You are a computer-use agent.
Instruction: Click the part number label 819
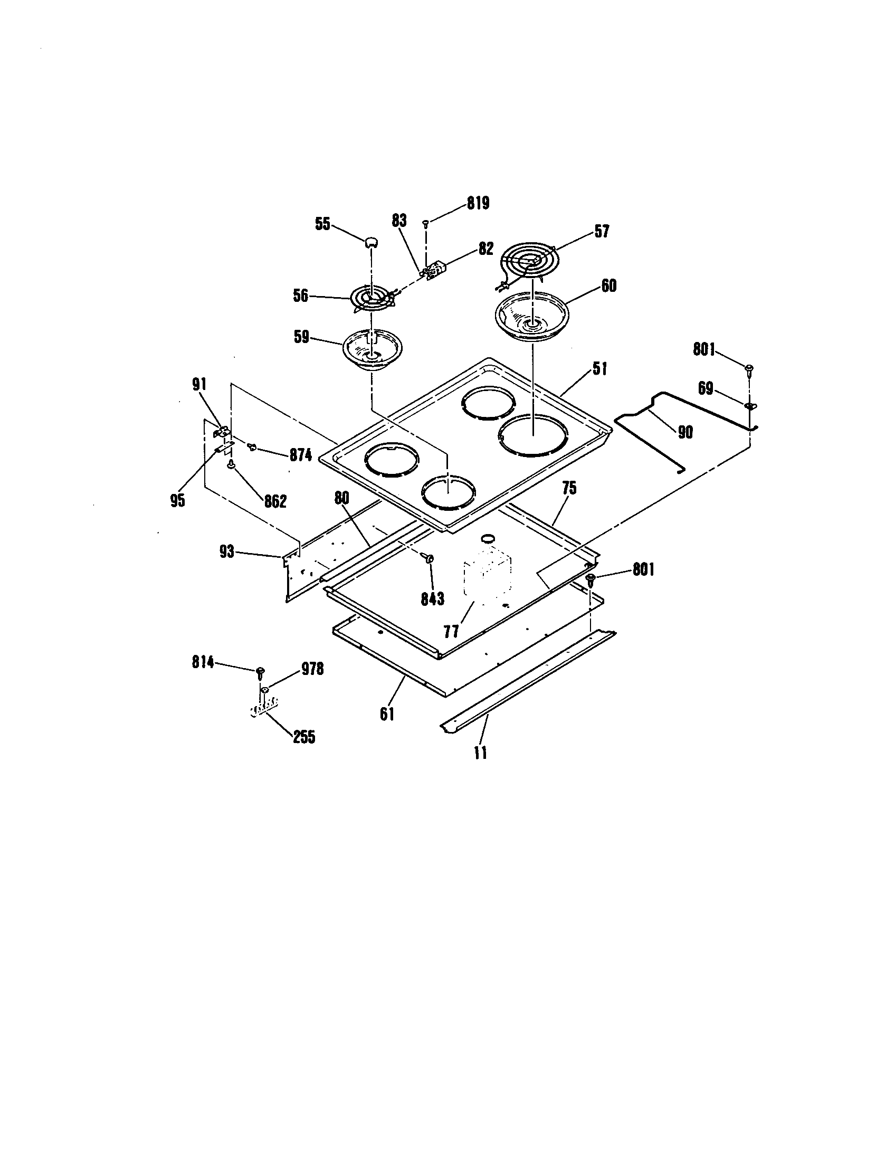(478, 203)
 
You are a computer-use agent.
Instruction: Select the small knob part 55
(371, 242)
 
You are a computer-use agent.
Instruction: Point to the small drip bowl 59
(372, 349)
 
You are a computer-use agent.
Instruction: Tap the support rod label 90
(685, 432)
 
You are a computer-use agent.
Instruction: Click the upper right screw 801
(750, 369)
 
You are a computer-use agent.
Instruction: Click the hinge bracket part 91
(223, 431)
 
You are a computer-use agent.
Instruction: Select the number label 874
(300, 455)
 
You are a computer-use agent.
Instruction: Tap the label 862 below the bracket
(275, 501)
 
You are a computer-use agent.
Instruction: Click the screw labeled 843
(429, 559)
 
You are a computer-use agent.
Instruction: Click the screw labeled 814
(260, 672)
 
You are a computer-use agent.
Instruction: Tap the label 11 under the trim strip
(480, 753)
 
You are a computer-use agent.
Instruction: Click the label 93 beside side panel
(227, 552)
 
